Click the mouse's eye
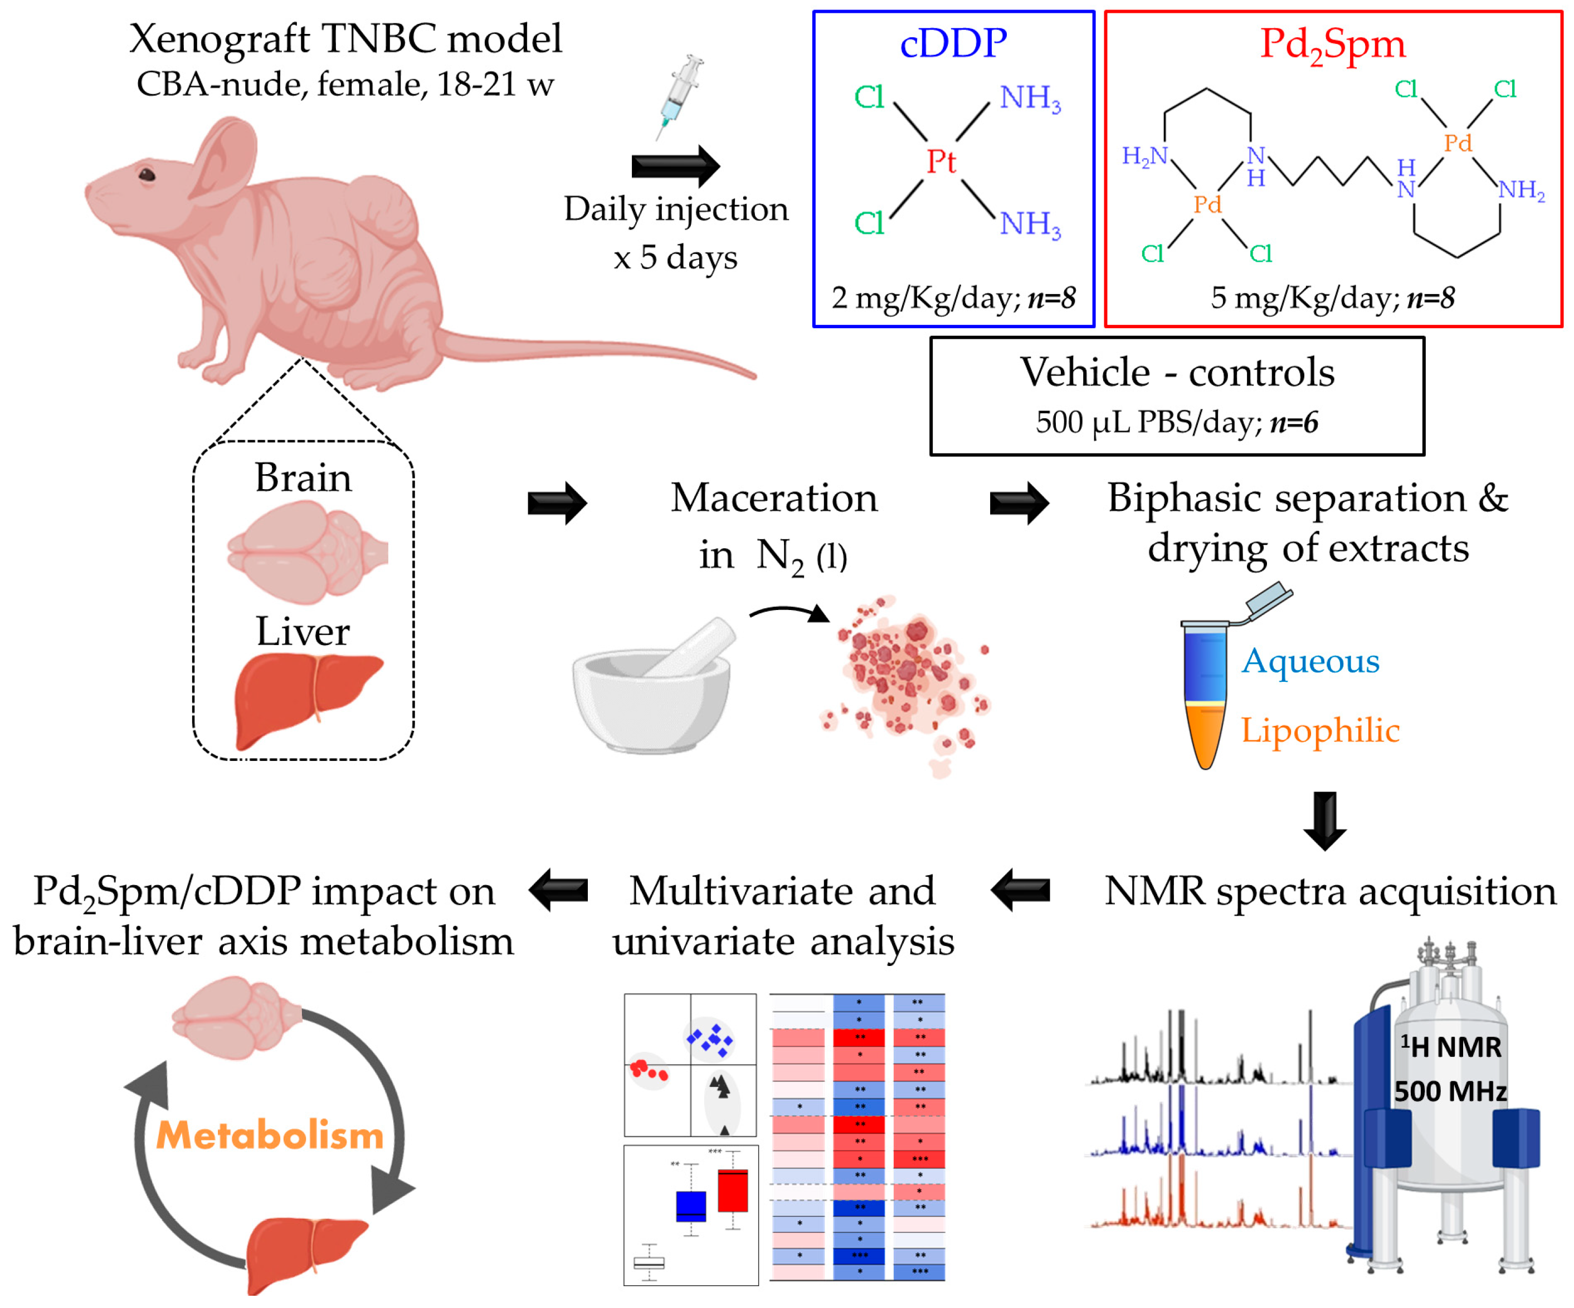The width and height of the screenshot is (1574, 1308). coord(147,175)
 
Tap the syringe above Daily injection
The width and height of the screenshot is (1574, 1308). coord(680,95)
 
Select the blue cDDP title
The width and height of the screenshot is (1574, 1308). coord(953,43)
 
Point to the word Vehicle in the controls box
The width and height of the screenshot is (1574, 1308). coord(1085,373)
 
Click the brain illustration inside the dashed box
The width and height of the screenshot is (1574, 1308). coord(306,551)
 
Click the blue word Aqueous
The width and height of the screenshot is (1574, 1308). coord(1309,661)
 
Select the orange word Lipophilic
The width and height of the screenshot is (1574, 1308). coord(1319,731)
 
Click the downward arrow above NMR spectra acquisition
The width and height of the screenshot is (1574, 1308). coord(1324,821)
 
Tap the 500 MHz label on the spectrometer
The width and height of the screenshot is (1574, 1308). coord(1450,1091)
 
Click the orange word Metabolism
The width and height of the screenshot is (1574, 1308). coord(270,1136)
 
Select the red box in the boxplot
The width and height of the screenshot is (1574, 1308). coord(732,1191)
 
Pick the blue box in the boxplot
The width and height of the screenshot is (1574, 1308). coord(690,1206)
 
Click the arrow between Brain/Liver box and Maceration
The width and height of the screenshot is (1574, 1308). coord(557,503)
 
